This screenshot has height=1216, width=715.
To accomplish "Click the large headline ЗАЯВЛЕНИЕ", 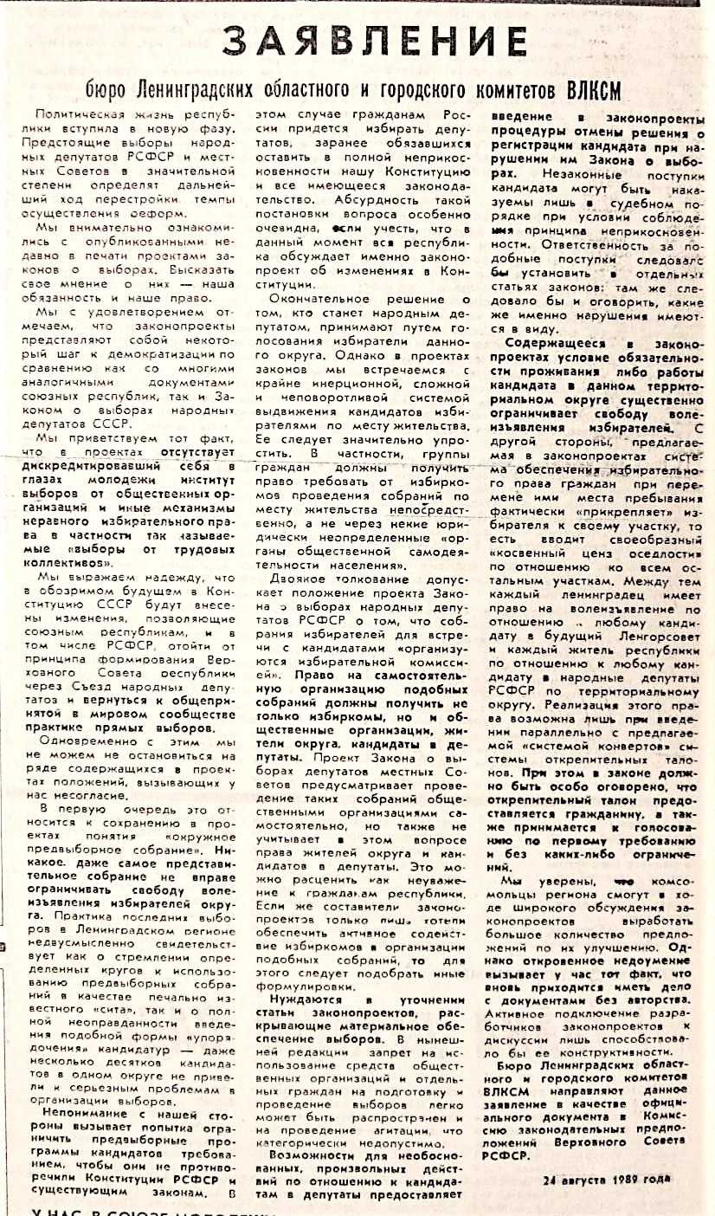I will tap(372, 40).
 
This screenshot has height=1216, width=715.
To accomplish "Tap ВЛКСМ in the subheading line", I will tap(588, 91).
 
